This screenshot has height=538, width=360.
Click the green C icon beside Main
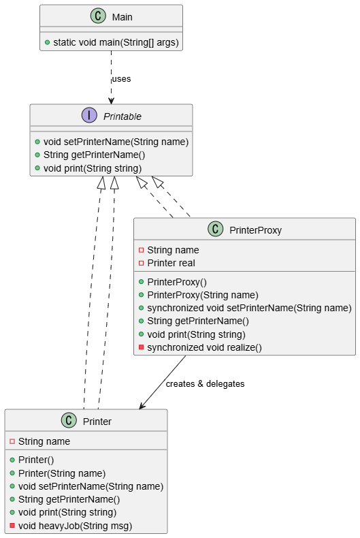(98, 16)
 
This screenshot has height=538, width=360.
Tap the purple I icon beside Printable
(89, 115)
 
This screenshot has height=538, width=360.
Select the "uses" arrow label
(121, 79)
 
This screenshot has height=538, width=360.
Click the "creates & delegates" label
(205, 383)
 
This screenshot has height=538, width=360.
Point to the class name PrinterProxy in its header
(255, 230)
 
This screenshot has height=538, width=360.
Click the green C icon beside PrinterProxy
(215, 229)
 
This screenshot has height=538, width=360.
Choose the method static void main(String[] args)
(116, 42)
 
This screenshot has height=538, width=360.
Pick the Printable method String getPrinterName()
(95, 155)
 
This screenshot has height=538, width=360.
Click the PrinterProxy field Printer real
(171, 263)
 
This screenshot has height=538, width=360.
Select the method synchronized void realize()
(204, 347)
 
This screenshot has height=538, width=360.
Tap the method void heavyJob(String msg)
(75, 526)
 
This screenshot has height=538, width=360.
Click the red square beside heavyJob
(12, 525)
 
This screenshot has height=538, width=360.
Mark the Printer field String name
(44, 441)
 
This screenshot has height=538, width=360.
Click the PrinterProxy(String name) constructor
(203, 295)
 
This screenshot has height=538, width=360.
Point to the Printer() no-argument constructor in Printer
(36, 460)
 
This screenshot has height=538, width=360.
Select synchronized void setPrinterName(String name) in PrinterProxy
(249, 308)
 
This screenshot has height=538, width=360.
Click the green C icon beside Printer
(69, 420)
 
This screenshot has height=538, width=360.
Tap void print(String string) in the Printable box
(93, 168)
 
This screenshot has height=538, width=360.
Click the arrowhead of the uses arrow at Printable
(111, 101)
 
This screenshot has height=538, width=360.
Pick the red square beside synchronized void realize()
(142, 347)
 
